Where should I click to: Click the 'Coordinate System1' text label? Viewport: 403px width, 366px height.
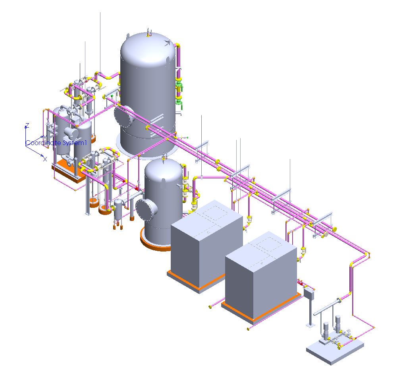56,143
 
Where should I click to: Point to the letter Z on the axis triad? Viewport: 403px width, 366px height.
27,125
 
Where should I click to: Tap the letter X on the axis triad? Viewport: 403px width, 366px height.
45,159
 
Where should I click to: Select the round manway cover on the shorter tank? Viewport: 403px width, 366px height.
145,209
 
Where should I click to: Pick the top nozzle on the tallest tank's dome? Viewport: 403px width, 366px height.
148,33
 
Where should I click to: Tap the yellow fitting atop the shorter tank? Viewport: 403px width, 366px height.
164,160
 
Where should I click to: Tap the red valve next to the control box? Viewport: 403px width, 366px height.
301,283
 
